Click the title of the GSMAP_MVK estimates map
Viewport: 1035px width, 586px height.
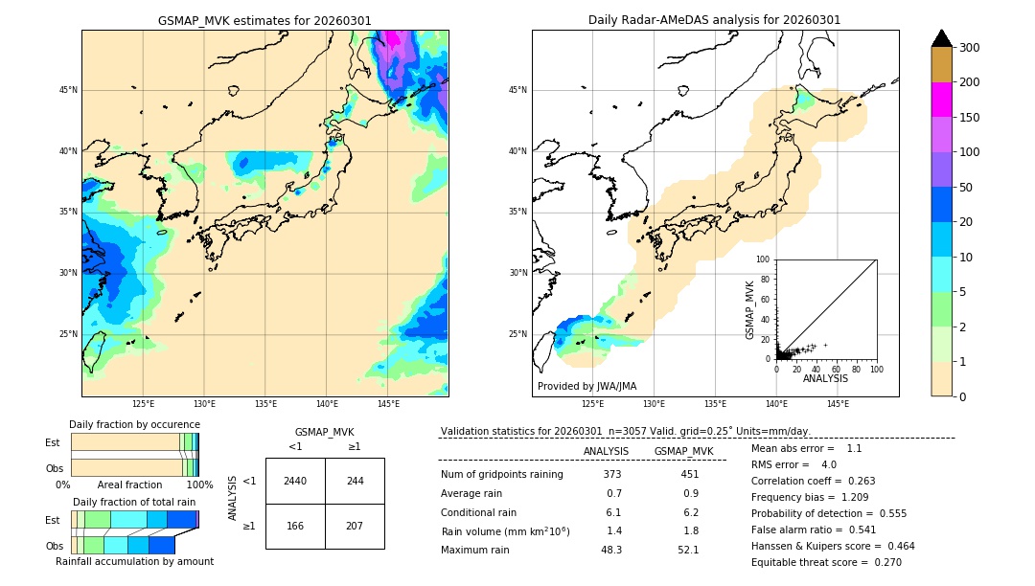coord(264,20)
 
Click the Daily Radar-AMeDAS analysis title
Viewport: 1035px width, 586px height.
coord(714,20)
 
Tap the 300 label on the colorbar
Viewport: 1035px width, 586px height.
coord(970,48)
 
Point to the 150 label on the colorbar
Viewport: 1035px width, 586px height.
coord(970,118)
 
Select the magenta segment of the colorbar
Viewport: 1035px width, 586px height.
coord(941,100)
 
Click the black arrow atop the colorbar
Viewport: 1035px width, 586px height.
coord(941,38)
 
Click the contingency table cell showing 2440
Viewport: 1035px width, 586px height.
coord(295,481)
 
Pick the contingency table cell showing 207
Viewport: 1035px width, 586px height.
coord(355,526)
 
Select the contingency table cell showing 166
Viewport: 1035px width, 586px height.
coord(295,526)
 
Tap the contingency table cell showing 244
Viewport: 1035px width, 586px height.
coord(355,481)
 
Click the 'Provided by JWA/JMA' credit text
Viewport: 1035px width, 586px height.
coord(586,387)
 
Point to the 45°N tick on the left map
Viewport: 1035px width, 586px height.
coord(68,90)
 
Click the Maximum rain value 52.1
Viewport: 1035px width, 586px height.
coord(688,551)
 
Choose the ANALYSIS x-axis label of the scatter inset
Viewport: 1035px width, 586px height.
coord(825,379)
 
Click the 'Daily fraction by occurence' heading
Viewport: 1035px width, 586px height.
coord(134,425)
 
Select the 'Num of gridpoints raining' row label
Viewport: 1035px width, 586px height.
coord(502,475)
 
